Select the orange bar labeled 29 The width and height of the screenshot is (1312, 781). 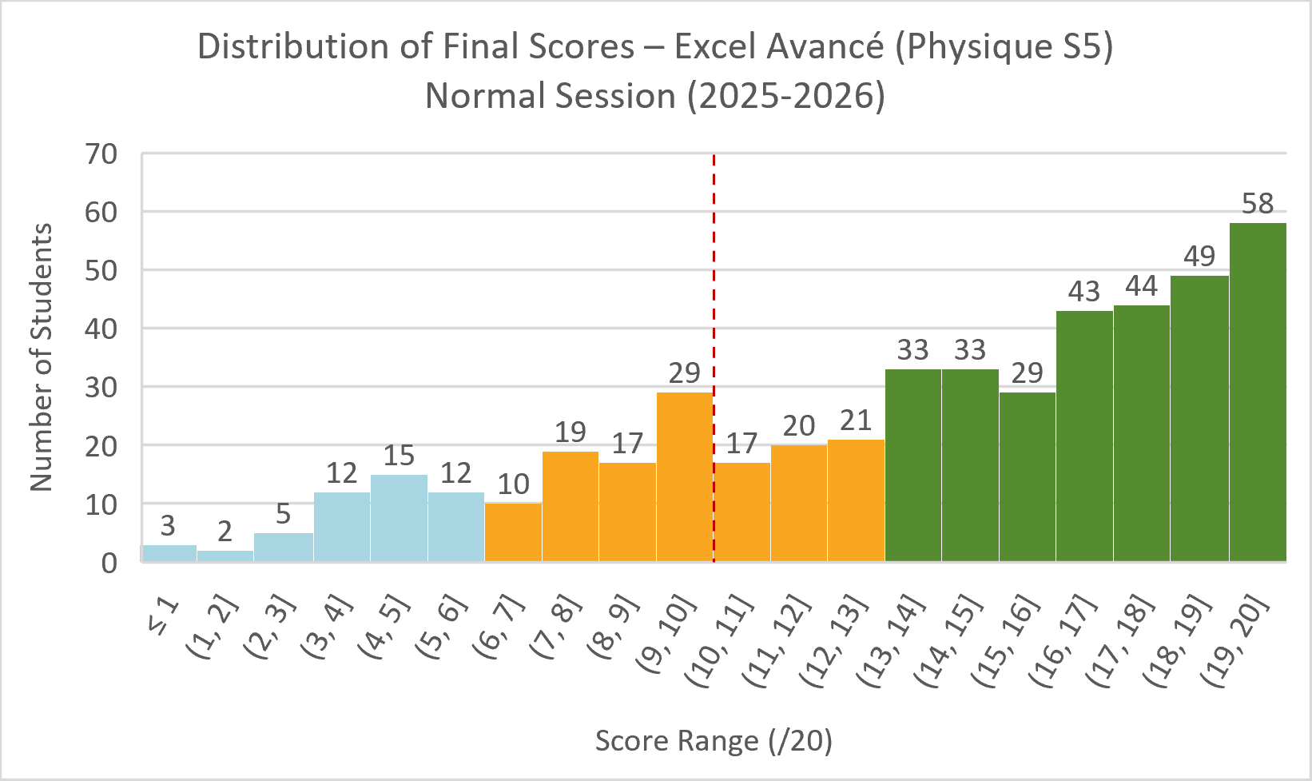[x=684, y=476]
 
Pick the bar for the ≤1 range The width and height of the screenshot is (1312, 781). [x=169, y=553]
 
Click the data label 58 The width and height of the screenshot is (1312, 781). [x=1257, y=204]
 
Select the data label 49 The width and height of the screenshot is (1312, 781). [x=1199, y=257]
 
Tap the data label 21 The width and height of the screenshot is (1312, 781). [x=856, y=420]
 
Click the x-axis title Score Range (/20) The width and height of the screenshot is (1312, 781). [x=714, y=741]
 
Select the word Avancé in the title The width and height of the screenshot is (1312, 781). [x=825, y=47]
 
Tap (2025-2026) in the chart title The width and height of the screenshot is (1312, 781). [x=785, y=97]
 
